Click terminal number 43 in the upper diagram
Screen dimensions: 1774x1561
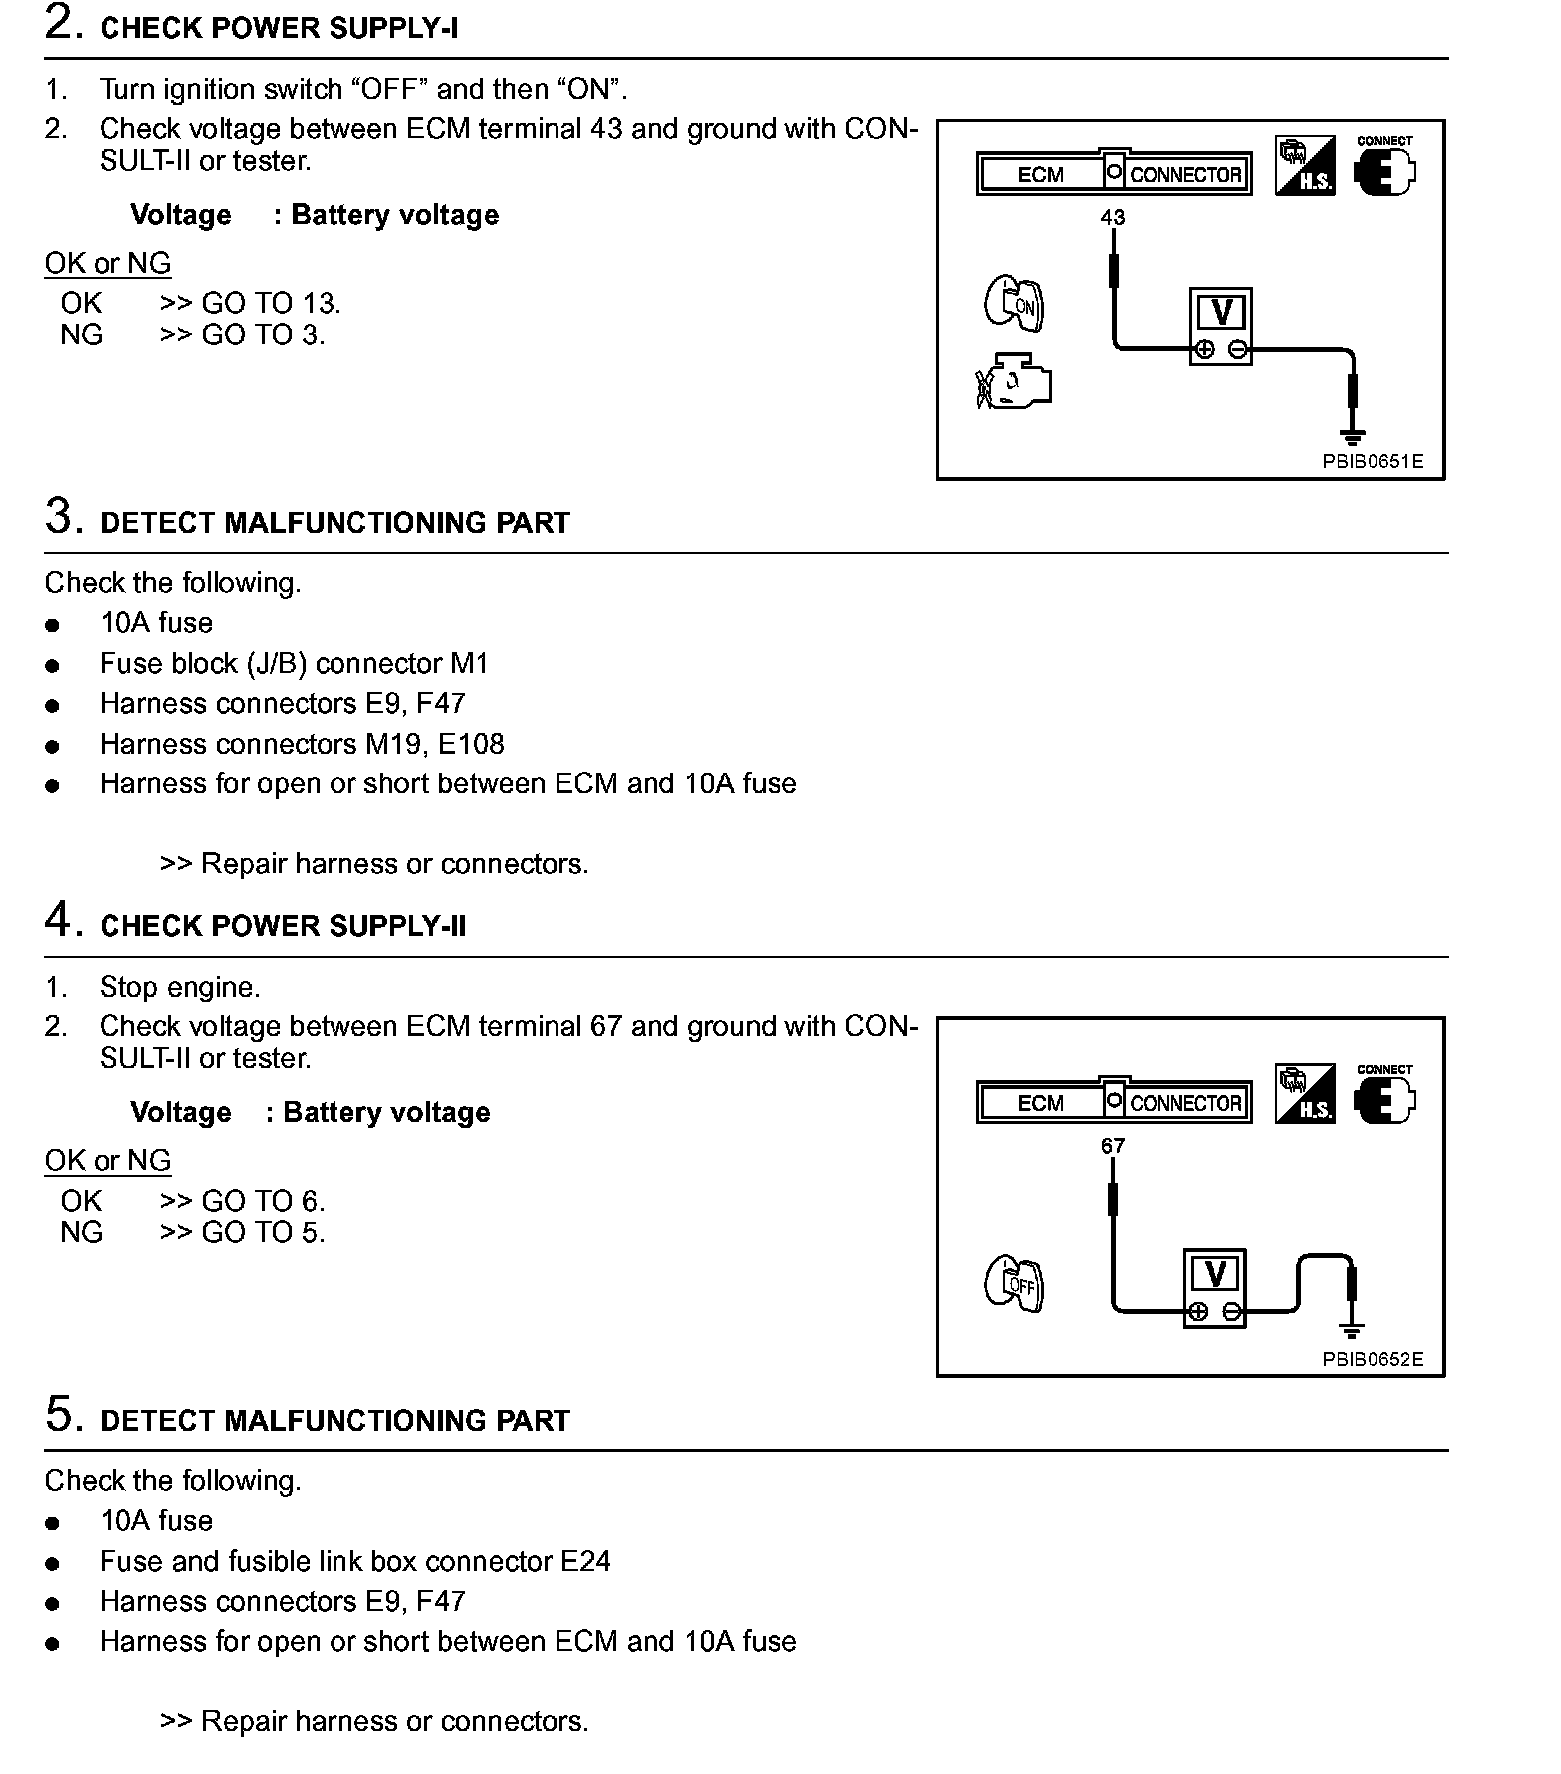click(x=1112, y=217)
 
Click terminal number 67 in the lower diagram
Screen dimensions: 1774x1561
click(x=1112, y=1146)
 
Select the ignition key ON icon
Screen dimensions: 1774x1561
click(x=1013, y=304)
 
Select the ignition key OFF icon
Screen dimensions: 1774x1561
click(x=1013, y=1283)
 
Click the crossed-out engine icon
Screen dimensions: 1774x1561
click(x=1012, y=382)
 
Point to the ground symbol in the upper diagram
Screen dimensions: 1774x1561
click(x=1352, y=436)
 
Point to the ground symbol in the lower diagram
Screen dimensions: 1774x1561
click(x=1351, y=1330)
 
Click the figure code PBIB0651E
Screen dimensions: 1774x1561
click(x=1372, y=462)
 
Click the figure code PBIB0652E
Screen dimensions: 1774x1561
click(x=1372, y=1359)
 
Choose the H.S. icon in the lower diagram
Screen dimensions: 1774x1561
click(x=1304, y=1094)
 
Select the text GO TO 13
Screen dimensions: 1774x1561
click(x=271, y=303)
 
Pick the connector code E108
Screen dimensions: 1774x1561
click(x=473, y=744)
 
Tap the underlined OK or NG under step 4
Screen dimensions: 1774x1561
click(x=108, y=1161)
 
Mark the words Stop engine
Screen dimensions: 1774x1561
click(x=179, y=987)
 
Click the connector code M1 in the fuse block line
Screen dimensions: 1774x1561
click(x=469, y=663)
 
